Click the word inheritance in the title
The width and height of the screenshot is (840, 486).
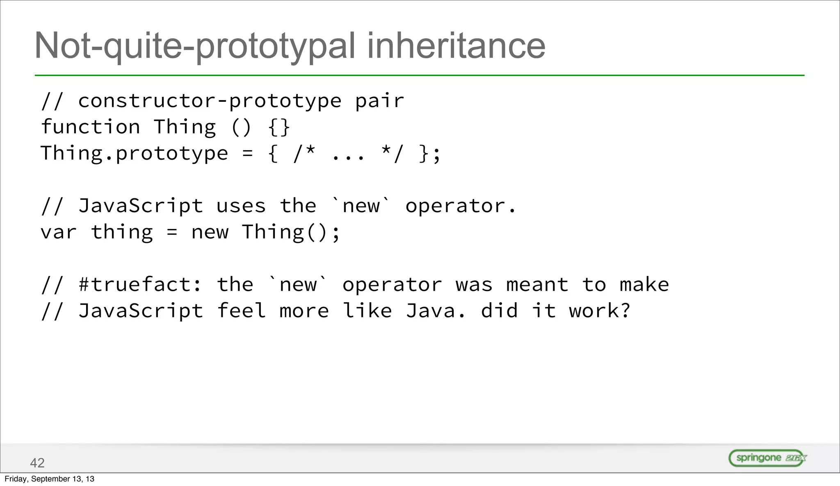[x=456, y=46]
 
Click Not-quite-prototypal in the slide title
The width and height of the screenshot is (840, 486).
[x=195, y=46]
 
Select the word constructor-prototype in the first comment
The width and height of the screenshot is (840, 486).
[x=210, y=101]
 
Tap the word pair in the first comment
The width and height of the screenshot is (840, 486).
[x=379, y=101]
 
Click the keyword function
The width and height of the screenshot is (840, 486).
[x=91, y=127]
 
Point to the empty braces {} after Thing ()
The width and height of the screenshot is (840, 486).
[x=279, y=127]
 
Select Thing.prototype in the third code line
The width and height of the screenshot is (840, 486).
[x=134, y=154]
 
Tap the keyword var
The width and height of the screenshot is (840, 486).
[x=58, y=232]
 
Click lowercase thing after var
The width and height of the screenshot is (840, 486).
[x=122, y=232]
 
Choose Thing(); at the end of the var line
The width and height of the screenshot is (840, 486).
[x=291, y=232]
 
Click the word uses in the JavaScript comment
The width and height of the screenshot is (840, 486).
[x=241, y=206]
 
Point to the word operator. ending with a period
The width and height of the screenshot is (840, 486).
[x=460, y=206]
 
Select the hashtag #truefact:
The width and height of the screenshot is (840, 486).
[x=140, y=285]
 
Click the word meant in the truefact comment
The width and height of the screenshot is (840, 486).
[x=537, y=285]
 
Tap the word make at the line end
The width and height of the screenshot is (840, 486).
[x=644, y=285]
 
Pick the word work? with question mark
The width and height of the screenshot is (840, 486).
[x=599, y=311]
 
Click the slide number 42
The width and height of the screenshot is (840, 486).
[x=37, y=463]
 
